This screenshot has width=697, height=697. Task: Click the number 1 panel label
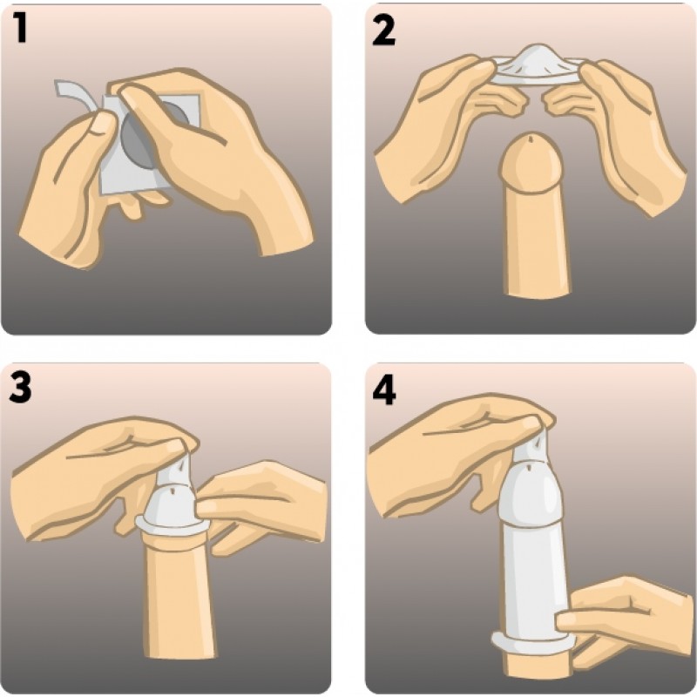[20, 28]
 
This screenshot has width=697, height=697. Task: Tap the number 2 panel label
[383, 30]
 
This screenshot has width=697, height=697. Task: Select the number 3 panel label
[20, 388]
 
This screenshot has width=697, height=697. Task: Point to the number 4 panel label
[384, 389]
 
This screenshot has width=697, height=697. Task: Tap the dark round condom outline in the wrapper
[146, 133]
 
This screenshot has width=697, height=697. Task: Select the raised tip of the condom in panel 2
[537, 54]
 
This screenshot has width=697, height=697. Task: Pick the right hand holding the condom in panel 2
[622, 129]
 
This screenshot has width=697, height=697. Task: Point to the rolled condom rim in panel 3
[172, 526]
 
